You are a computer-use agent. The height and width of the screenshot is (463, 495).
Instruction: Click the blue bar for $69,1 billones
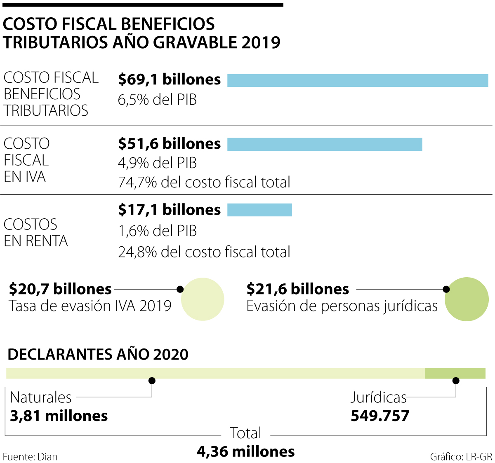coord(358,80)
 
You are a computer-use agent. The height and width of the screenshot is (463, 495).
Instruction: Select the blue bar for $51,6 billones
coord(325,144)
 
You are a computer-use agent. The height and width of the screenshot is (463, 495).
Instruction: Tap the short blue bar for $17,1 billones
coord(259,210)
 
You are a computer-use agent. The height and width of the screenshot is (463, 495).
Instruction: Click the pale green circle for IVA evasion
coord(203,299)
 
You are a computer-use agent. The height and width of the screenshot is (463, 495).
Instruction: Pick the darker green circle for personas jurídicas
coord(467,299)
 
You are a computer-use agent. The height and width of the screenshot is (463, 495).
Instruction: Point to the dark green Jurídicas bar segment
coord(455,373)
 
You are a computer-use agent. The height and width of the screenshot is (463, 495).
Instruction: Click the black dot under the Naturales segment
coord(152,381)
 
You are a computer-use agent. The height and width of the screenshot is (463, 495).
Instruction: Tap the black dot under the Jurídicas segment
coord(456,381)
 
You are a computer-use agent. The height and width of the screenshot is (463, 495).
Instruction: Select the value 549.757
coord(380,416)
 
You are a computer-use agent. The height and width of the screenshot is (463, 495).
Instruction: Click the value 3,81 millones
coord(59,416)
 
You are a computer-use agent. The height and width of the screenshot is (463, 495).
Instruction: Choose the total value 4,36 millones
coord(246,452)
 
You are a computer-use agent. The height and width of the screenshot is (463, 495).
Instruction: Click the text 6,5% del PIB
coord(157,100)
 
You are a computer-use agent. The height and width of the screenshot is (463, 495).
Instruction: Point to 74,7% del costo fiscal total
coord(204,182)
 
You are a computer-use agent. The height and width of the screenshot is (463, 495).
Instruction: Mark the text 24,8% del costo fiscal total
coord(204,252)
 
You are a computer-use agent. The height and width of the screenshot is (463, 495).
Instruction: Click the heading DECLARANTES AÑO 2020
coord(98,354)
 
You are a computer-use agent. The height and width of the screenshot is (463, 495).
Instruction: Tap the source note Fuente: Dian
coord(30,456)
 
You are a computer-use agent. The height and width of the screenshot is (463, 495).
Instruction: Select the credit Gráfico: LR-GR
coord(461,456)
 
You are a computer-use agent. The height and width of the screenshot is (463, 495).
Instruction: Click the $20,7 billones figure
coord(60,289)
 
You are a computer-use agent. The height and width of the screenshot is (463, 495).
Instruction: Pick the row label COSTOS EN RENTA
coord(36,233)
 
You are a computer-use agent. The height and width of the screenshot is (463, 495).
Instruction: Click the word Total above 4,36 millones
coord(245,433)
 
